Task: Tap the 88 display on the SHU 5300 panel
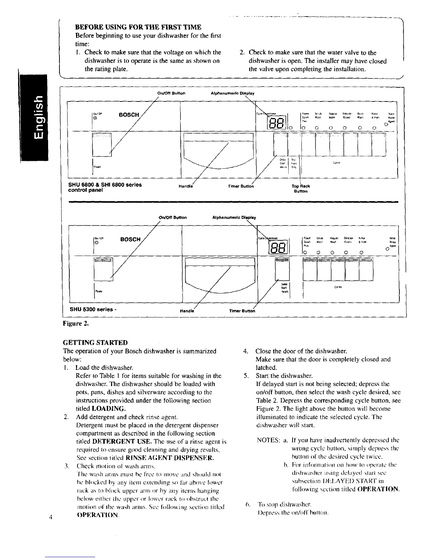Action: pyautogui.click(x=279, y=246)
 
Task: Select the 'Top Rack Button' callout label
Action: pyautogui.click(x=301, y=188)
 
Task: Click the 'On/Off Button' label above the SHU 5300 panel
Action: pyautogui.click(x=172, y=217)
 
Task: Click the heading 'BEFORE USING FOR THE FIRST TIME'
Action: pyautogui.click(x=138, y=27)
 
